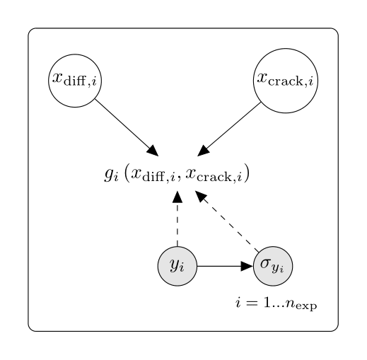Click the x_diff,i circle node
point(75,81)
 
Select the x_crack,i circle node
point(286,81)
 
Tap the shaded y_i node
point(177,266)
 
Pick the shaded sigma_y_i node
point(273,266)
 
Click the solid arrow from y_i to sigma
point(225,266)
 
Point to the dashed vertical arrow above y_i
point(177,219)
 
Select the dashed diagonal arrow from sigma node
point(227,221)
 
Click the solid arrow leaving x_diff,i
point(127,127)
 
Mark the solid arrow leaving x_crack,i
point(229,129)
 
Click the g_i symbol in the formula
point(111,175)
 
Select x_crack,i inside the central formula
point(214,175)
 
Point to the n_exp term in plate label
point(301,304)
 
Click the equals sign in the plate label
point(251,303)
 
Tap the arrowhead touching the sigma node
point(247,266)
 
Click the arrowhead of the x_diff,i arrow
point(153,151)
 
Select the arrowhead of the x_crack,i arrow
point(204,151)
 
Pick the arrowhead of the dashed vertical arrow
point(177,197)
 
